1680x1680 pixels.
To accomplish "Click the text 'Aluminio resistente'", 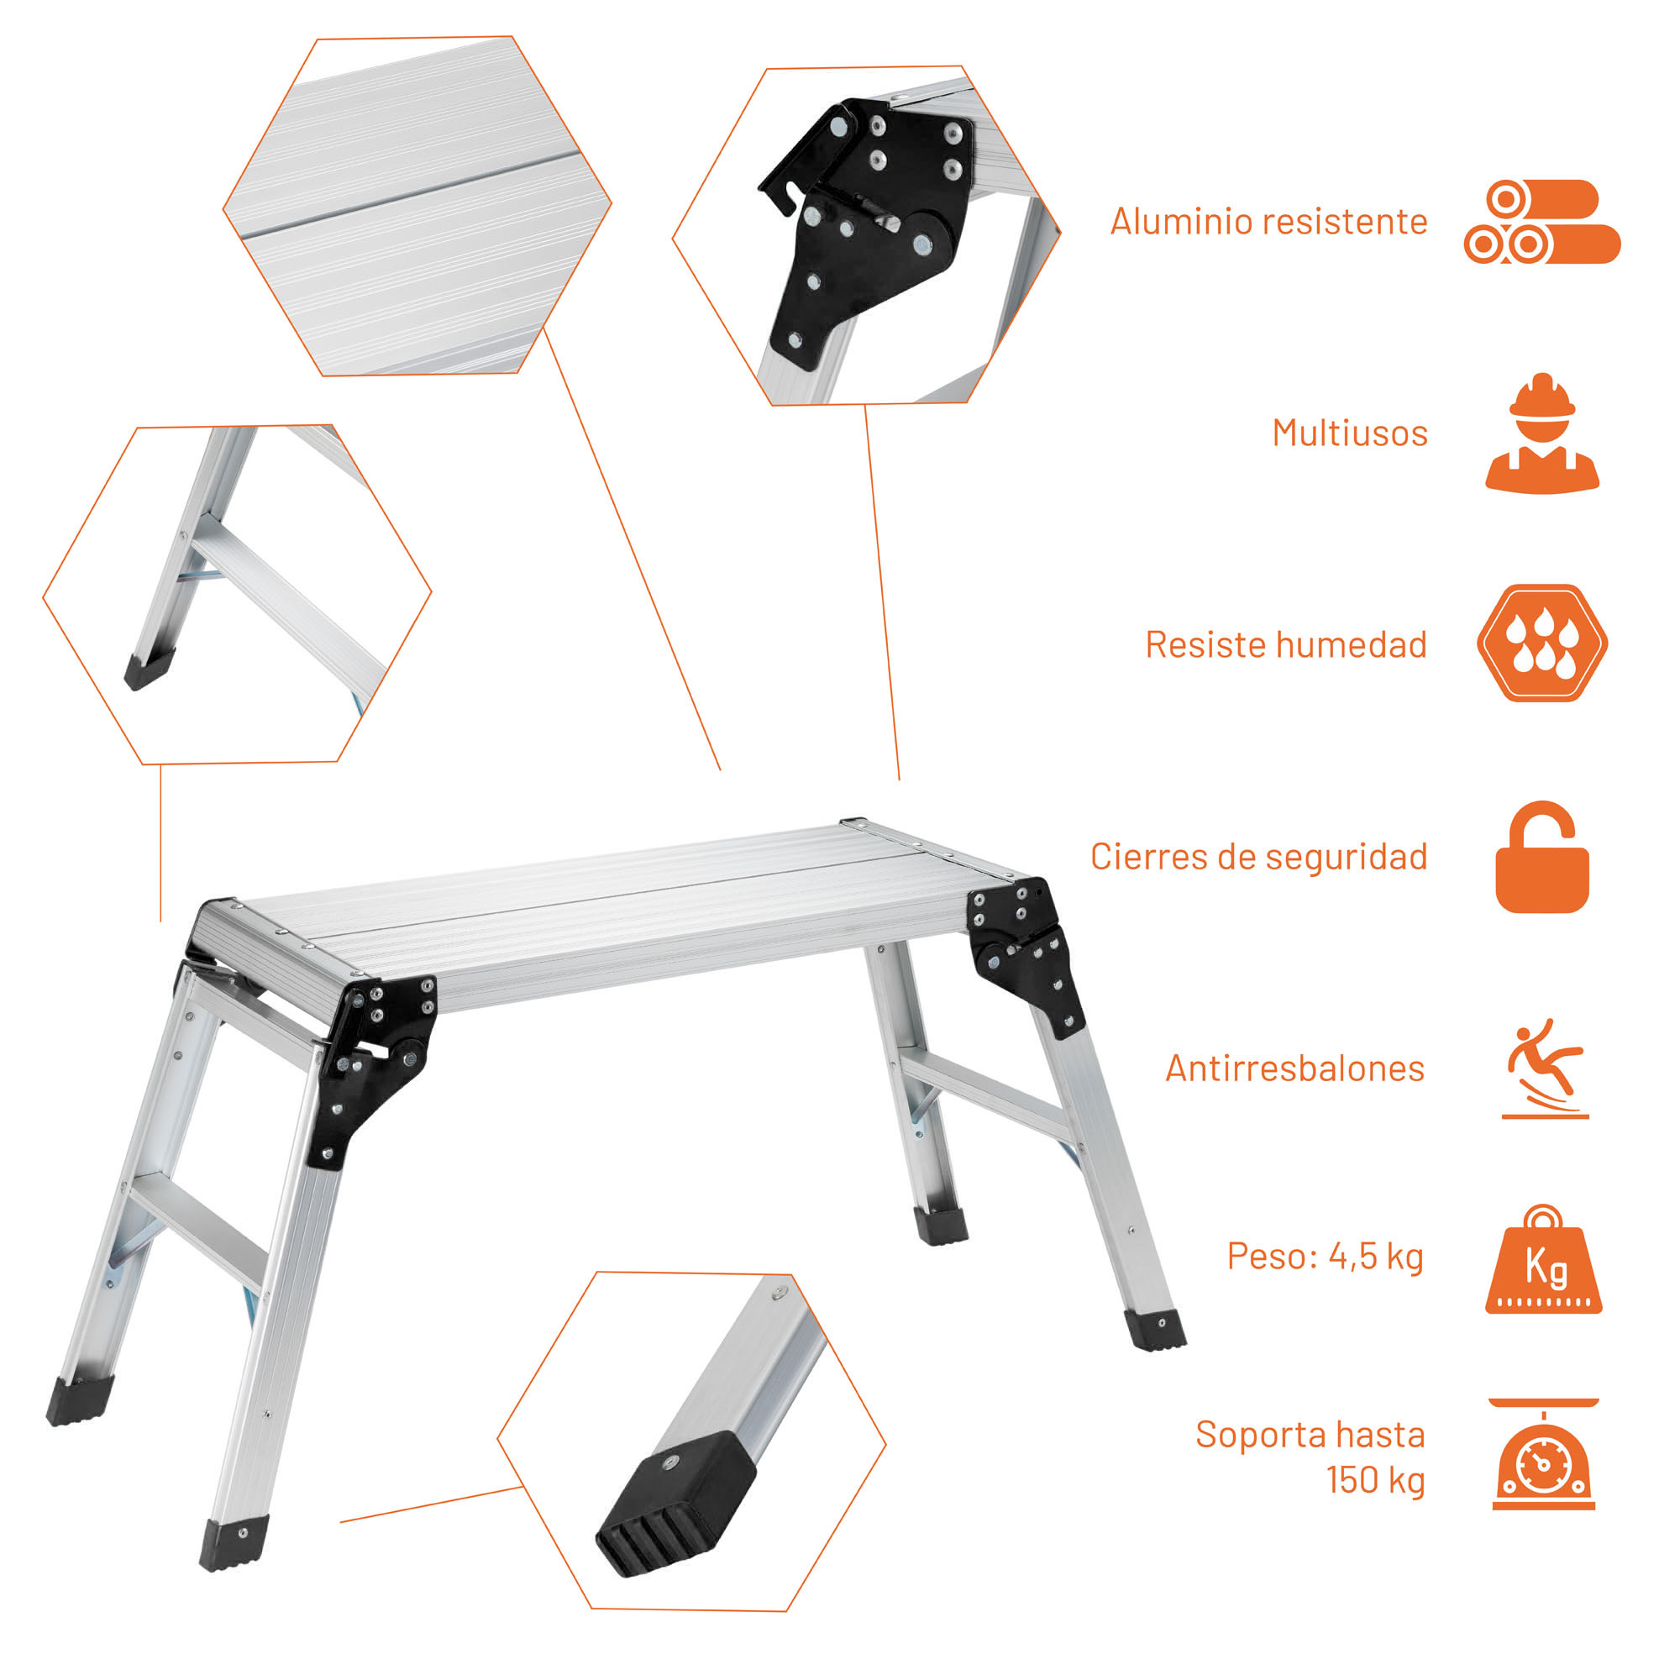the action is point(1268,222).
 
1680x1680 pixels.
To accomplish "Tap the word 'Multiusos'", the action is point(1350,433).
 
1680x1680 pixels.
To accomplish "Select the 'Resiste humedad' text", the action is point(1286,644).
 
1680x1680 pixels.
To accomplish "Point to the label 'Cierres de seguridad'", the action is point(1258,857).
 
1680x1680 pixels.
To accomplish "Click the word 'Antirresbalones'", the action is point(1294,1068).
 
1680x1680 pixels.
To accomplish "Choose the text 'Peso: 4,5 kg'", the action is point(1326,1256).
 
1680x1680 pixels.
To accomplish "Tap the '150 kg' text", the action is point(1376,1479).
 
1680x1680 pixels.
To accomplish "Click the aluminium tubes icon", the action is point(1541,222).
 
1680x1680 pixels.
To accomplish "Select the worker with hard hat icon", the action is point(1541,433).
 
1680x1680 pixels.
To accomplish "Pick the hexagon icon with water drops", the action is point(1541,643).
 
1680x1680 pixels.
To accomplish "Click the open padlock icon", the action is point(1541,857).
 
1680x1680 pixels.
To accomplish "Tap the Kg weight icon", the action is point(1542,1259).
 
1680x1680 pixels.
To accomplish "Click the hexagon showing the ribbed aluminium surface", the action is point(417,206).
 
